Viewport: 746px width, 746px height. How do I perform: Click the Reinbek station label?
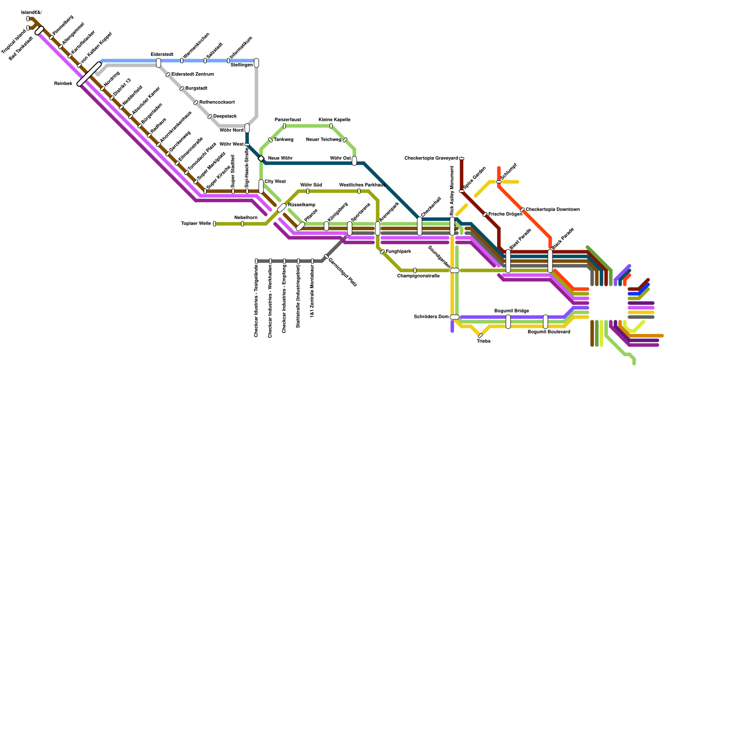click(63, 84)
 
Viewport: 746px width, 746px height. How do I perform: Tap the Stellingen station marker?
click(256, 63)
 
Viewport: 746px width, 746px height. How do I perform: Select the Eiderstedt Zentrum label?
click(193, 75)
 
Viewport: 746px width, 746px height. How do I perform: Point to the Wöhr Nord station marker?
click(247, 128)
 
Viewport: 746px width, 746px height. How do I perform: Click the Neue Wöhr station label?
click(280, 159)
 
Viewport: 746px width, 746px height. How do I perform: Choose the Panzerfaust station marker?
click(284, 126)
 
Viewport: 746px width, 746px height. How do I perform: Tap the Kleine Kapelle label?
click(335, 120)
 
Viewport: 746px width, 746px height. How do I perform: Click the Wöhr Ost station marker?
click(354, 161)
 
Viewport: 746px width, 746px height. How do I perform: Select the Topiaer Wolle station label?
click(196, 224)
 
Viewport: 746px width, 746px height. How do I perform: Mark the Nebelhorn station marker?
click(242, 224)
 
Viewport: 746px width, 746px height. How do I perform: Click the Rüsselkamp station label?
click(302, 205)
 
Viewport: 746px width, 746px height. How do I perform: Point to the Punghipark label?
click(398, 252)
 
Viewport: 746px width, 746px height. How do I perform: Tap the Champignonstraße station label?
click(418, 276)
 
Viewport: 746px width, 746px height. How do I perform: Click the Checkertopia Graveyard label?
click(431, 159)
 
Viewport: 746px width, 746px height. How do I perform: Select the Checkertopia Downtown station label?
click(553, 210)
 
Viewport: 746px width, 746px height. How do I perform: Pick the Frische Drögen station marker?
click(485, 214)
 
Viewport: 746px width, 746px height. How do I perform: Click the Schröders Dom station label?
click(431, 317)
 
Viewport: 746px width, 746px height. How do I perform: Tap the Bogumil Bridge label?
click(511, 311)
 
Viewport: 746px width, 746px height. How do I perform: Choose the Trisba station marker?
click(480, 336)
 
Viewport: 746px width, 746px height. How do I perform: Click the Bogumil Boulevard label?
click(549, 332)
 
